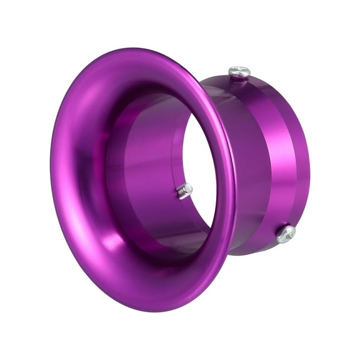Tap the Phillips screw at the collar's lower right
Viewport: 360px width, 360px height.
[286, 234]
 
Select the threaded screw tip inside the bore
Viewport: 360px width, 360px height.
[183, 191]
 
